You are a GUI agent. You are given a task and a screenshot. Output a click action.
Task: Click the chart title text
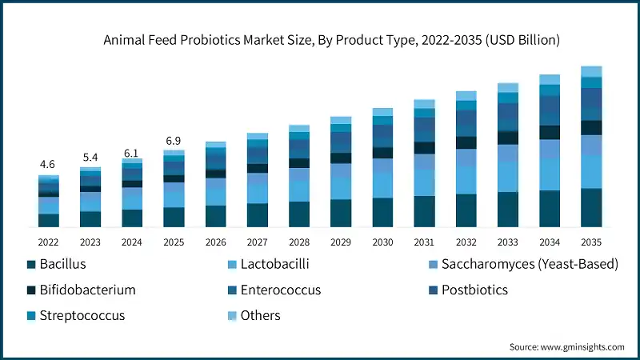point(319,39)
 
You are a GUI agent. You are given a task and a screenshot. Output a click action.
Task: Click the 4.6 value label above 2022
point(49,165)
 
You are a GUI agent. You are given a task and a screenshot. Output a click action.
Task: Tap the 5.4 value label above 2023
point(90,157)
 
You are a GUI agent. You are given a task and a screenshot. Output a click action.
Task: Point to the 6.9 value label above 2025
point(174,141)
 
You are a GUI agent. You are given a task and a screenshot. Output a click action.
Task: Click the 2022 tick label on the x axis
point(49,241)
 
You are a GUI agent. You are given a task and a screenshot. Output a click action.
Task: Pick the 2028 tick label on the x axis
point(299,241)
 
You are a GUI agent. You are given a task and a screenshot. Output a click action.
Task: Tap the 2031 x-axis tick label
point(424,241)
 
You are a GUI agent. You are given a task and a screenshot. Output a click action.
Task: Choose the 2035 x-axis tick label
point(591,241)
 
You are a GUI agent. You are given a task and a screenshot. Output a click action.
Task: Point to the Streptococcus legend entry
point(82,315)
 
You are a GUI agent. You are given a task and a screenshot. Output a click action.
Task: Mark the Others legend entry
point(260,315)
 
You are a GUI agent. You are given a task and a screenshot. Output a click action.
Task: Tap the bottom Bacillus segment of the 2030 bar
point(382,213)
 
